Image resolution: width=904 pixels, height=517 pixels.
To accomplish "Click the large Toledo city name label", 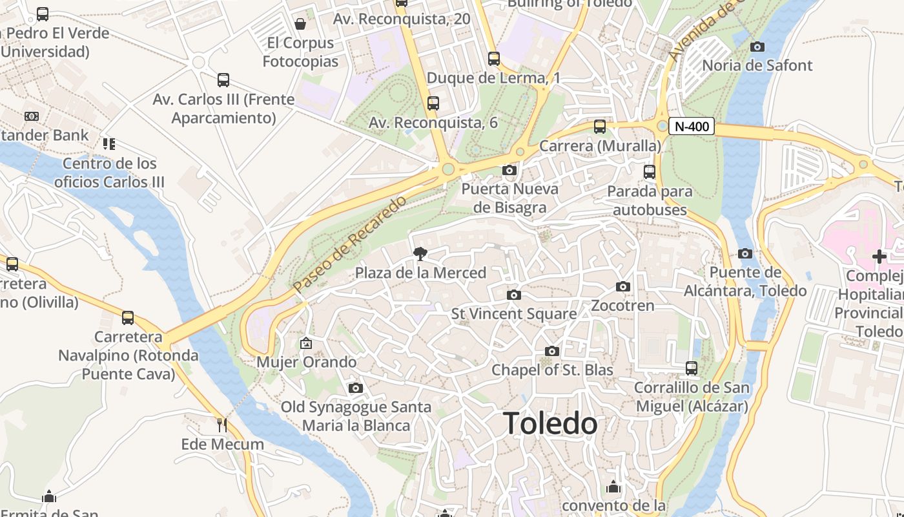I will tap(550, 424).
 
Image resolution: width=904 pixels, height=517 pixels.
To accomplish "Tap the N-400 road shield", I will tap(691, 126).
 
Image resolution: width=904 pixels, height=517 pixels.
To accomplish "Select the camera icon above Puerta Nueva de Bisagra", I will tap(509, 171).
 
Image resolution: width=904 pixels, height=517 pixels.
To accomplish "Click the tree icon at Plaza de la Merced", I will tap(420, 253).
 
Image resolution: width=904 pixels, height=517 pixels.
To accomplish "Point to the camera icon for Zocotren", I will tap(623, 286).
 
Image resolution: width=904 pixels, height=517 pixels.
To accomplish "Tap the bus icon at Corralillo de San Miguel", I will tap(692, 368).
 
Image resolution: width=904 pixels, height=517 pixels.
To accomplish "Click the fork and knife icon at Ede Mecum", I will tap(222, 425).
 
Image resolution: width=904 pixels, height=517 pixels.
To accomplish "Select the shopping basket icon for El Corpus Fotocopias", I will tap(300, 25).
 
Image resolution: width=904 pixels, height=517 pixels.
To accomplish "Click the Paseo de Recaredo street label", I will tap(349, 244).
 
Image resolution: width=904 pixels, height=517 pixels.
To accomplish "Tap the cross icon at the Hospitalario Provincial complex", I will tap(879, 257).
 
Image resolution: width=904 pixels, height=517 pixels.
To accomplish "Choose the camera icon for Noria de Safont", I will tap(757, 47).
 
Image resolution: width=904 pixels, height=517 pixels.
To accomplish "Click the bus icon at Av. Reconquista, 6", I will tap(433, 103).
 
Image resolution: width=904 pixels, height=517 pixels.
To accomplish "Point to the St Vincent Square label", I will tap(514, 314).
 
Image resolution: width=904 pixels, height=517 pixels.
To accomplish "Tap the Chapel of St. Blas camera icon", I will tap(552, 351).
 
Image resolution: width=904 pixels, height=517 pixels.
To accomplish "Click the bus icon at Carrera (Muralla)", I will tap(600, 127).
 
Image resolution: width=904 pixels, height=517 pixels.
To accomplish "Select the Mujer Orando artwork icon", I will tap(306, 343).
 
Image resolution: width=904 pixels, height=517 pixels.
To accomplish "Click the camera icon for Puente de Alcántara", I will tap(745, 253).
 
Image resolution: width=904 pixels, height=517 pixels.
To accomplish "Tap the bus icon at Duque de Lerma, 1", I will tap(494, 59).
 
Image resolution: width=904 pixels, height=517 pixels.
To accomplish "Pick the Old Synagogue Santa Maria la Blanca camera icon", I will tap(355, 388).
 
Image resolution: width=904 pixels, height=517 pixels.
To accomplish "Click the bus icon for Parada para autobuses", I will tap(650, 172).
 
